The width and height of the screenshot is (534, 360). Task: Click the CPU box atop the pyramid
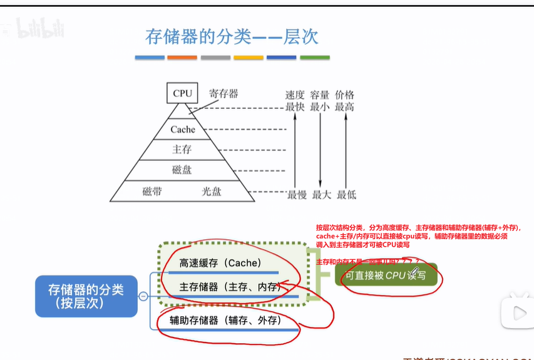(183, 93)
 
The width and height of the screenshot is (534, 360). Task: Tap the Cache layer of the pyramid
(183, 130)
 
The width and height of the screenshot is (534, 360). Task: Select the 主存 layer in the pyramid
(182, 150)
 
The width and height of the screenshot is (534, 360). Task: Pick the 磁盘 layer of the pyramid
(182, 170)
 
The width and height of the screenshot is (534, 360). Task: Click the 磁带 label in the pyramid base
(152, 192)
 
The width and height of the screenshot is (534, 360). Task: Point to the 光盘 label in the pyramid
(212, 192)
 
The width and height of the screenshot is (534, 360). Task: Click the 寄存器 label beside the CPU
(223, 93)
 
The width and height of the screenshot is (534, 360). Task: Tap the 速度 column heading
(295, 95)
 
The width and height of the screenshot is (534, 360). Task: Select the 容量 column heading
(320, 95)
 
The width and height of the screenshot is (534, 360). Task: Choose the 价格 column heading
(344, 95)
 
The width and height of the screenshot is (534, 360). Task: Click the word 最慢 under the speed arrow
(297, 195)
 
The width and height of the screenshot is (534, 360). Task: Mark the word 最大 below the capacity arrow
(321, 195)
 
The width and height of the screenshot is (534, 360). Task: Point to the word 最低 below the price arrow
(346, 195)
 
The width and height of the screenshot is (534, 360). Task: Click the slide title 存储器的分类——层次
(232, 36)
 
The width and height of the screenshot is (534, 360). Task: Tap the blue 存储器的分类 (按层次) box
(86, 296)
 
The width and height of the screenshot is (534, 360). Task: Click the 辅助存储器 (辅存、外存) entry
(226, 320)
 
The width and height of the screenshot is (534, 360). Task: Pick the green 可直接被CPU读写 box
(386, 275)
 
